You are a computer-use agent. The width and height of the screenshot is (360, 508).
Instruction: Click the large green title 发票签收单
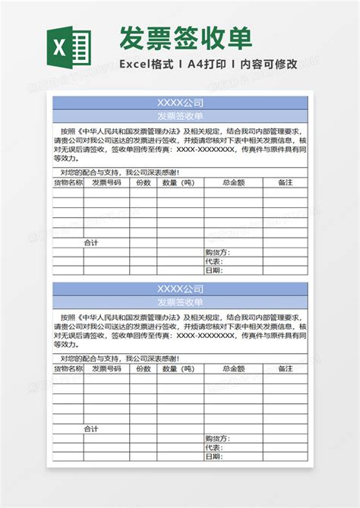tap(185, 36)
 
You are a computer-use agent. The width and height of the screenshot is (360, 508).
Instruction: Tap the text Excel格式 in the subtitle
tap(146, 65)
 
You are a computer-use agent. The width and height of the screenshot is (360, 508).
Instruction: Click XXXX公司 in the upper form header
tap(180, 103)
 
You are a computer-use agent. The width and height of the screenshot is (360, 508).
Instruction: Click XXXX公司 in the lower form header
tap(180, 289)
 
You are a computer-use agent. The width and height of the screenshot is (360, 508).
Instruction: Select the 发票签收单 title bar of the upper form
tap(180, 116)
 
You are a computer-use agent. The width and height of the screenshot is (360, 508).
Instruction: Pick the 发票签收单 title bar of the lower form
tap(180, 302)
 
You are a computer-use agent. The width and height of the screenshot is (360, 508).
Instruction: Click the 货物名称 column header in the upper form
tap(68, 183)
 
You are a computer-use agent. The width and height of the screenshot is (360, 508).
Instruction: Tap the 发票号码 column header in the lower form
tap(106, 369)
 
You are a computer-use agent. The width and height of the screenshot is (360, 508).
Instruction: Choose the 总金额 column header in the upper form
tap(233, 183)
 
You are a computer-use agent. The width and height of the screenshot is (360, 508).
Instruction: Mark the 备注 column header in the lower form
tap(285, 369)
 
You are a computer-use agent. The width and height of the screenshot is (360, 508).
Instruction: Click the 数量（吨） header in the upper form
tap(178, 183)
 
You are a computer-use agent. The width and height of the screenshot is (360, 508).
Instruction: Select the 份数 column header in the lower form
tap(143, 369)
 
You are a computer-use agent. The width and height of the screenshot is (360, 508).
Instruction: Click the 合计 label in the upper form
tap(91, 243)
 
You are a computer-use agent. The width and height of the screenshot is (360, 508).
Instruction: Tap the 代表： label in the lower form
tap(213, 447)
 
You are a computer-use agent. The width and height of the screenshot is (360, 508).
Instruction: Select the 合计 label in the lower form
tap(91, 429)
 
